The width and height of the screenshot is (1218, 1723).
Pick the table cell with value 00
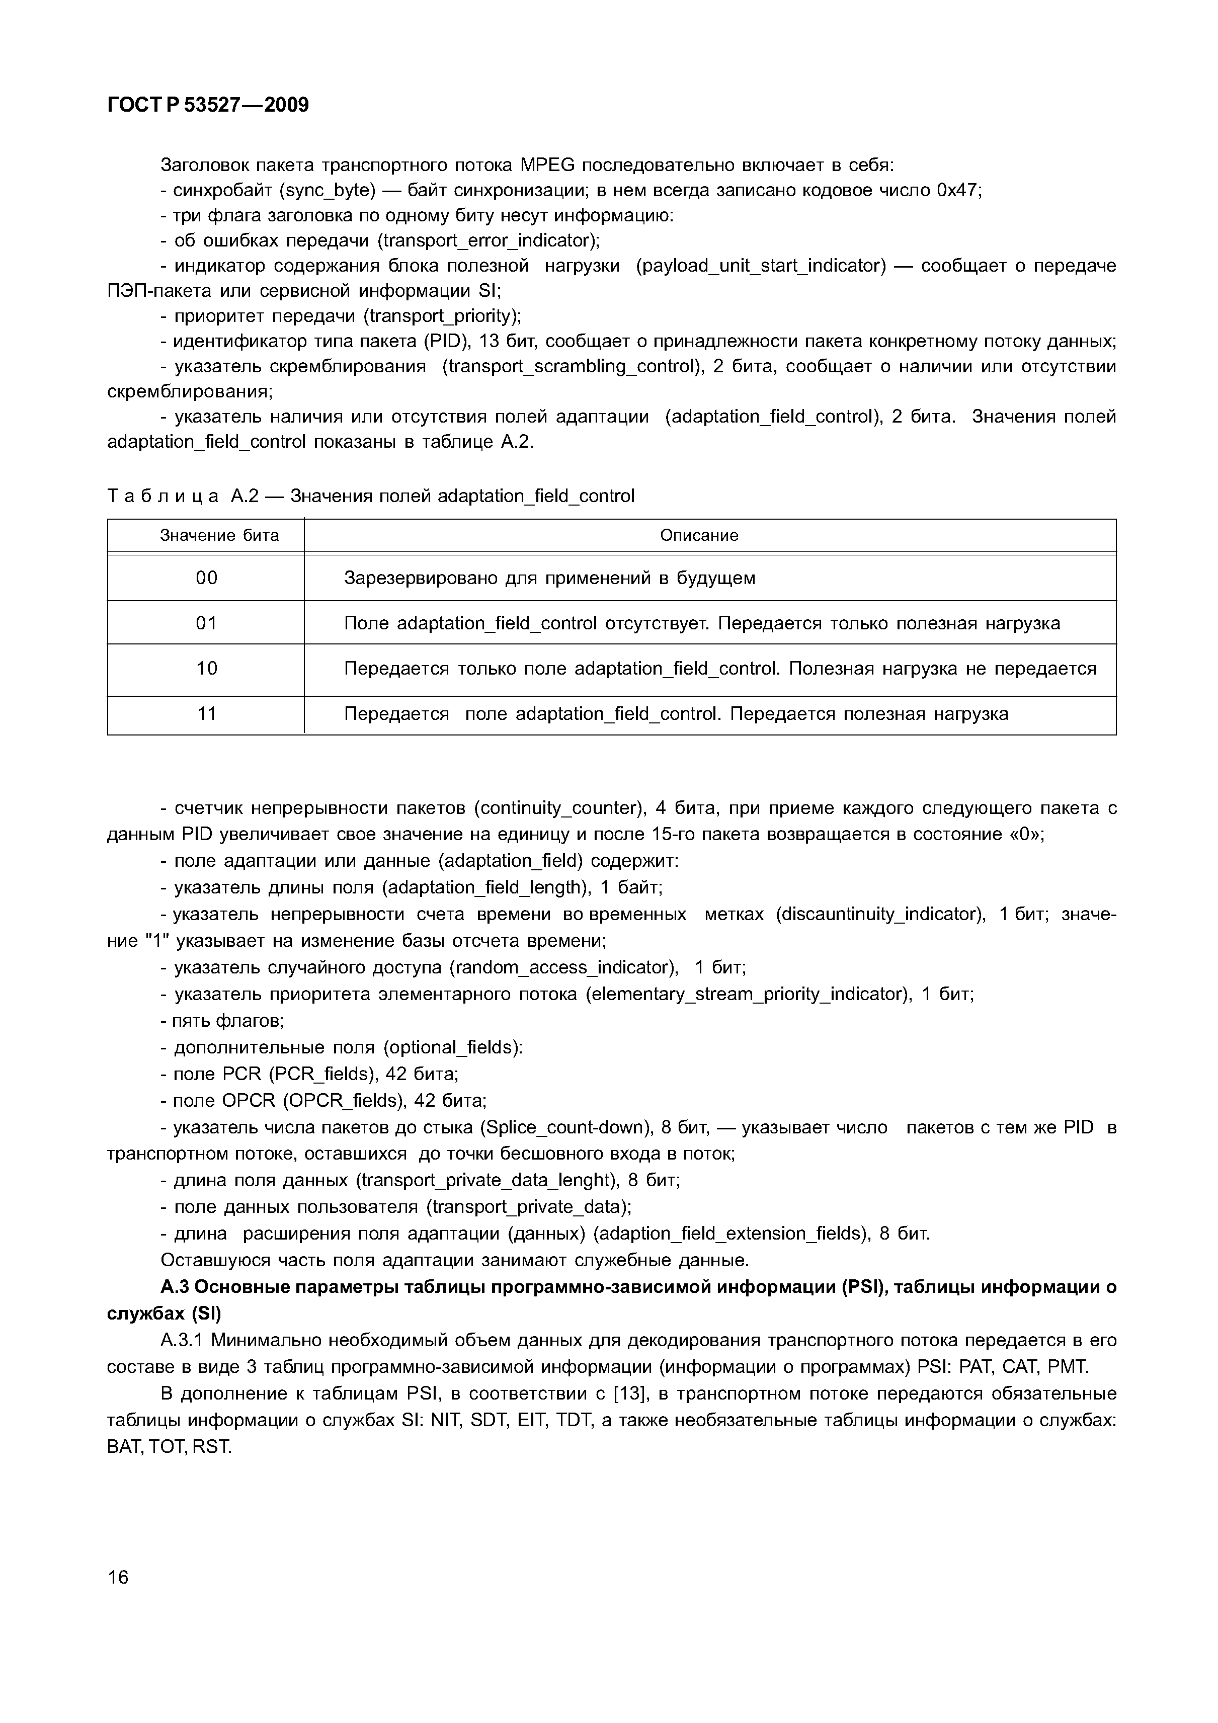pos(206,578)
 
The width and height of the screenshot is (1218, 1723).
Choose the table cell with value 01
pos(206,623)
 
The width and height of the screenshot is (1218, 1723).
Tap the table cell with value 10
pos(206,668)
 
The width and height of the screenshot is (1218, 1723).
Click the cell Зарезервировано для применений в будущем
pos(549,578)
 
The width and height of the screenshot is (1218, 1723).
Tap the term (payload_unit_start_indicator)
pos(760,266)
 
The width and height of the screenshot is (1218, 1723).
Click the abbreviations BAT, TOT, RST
pos(170,1446)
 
